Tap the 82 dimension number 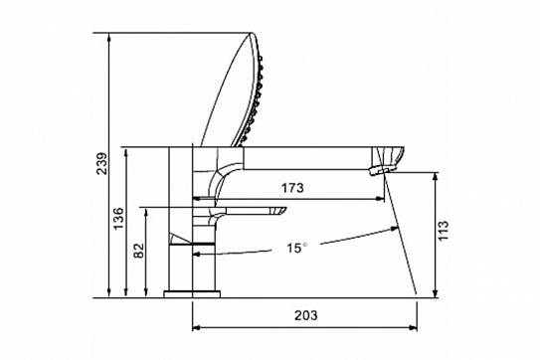pos(138,253)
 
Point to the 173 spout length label pos(292,186)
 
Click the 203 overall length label pos(306,315)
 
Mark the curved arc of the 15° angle pos(348,239)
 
